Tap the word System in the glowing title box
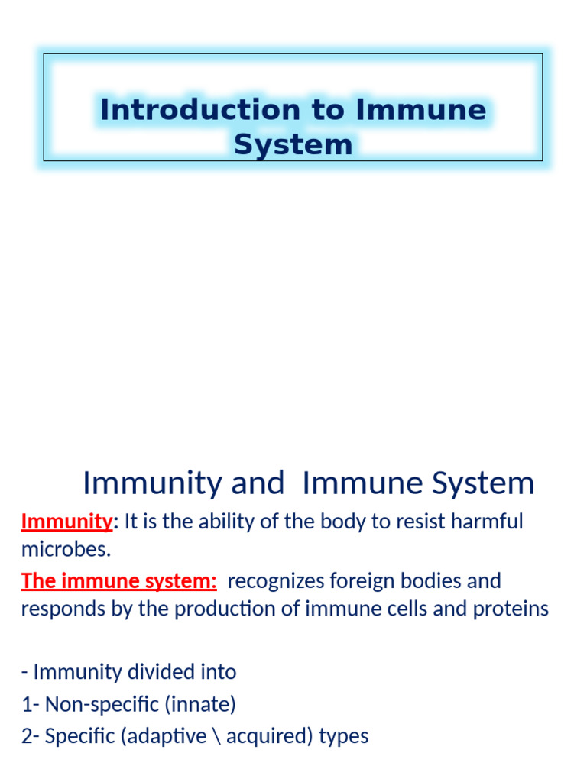coord(293,144)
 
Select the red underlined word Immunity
coord(66,522)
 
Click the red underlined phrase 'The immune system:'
coord(118,580)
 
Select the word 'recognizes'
coord(276,580)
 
